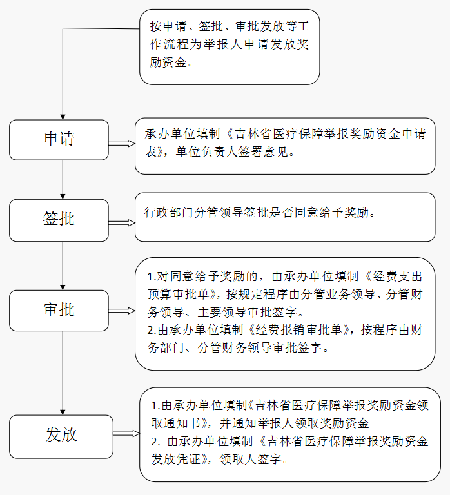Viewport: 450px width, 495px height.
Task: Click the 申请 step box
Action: pos(59,140)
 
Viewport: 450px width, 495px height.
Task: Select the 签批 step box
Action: pos(59,220)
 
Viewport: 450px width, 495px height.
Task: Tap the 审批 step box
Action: pos(59,310)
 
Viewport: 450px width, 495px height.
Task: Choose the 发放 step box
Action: pos(61,436)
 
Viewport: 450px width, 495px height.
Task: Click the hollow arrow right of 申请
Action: pos(122,144)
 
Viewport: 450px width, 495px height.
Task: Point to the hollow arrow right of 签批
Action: pos(122,223)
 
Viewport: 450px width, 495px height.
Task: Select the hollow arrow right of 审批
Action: pos(122,311)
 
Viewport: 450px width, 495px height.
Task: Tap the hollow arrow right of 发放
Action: pos(126,433)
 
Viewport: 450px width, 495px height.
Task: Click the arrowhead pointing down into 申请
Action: pos(63,117)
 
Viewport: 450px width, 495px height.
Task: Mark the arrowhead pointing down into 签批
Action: pos(63,197)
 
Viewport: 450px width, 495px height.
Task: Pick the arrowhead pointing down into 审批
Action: pos(63,287)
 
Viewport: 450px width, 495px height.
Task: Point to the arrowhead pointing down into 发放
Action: pos(63,412)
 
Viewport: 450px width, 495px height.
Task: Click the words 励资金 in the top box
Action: pos(168,62)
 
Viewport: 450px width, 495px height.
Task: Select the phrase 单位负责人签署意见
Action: pos(232,152)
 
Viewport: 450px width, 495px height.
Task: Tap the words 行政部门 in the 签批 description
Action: pos(169,213)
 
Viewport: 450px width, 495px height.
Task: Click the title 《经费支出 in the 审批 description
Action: pos(393,277)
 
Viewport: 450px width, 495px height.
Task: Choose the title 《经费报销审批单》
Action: pos(298,330)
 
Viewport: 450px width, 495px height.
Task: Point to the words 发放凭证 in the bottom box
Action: pos(176,459)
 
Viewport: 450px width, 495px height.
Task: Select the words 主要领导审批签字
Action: pos(248,312)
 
